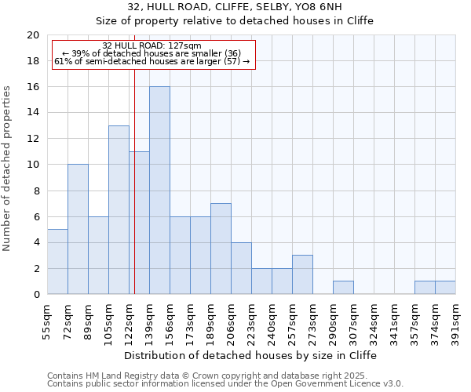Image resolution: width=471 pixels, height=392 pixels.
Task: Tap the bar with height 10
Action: click(78, 229)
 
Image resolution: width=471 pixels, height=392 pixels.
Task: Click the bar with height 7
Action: click(221, 249)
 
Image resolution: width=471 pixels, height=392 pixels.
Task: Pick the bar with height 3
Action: click(302, 274)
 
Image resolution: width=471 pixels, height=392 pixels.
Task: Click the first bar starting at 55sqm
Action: click(57, 262)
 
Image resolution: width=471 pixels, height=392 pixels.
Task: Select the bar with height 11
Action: click(139, 223)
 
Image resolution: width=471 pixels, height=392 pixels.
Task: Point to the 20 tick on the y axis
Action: click(33, 35)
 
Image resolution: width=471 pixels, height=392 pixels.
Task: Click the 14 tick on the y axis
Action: click(33, 113)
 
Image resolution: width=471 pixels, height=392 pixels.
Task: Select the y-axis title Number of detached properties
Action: click(8, 165)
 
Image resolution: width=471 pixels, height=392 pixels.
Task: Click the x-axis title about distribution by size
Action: click(250, 355)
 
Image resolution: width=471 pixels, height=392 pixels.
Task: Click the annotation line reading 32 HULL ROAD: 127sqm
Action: click(152, 45)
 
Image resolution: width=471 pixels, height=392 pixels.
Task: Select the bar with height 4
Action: click(241, 268)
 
